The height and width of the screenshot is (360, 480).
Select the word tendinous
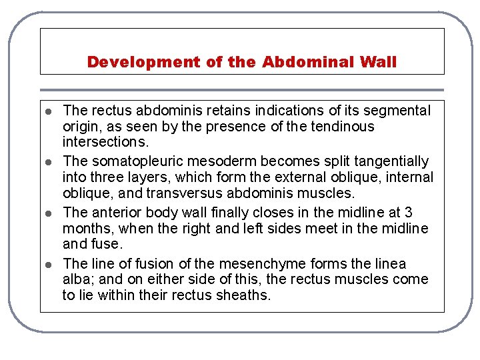pyautogui.click(x=343, y=126)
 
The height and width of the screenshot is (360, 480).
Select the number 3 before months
pyautogui.click(x=408, y=213)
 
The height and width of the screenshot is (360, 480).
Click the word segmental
pyautogui.click(x=398, y=110)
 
